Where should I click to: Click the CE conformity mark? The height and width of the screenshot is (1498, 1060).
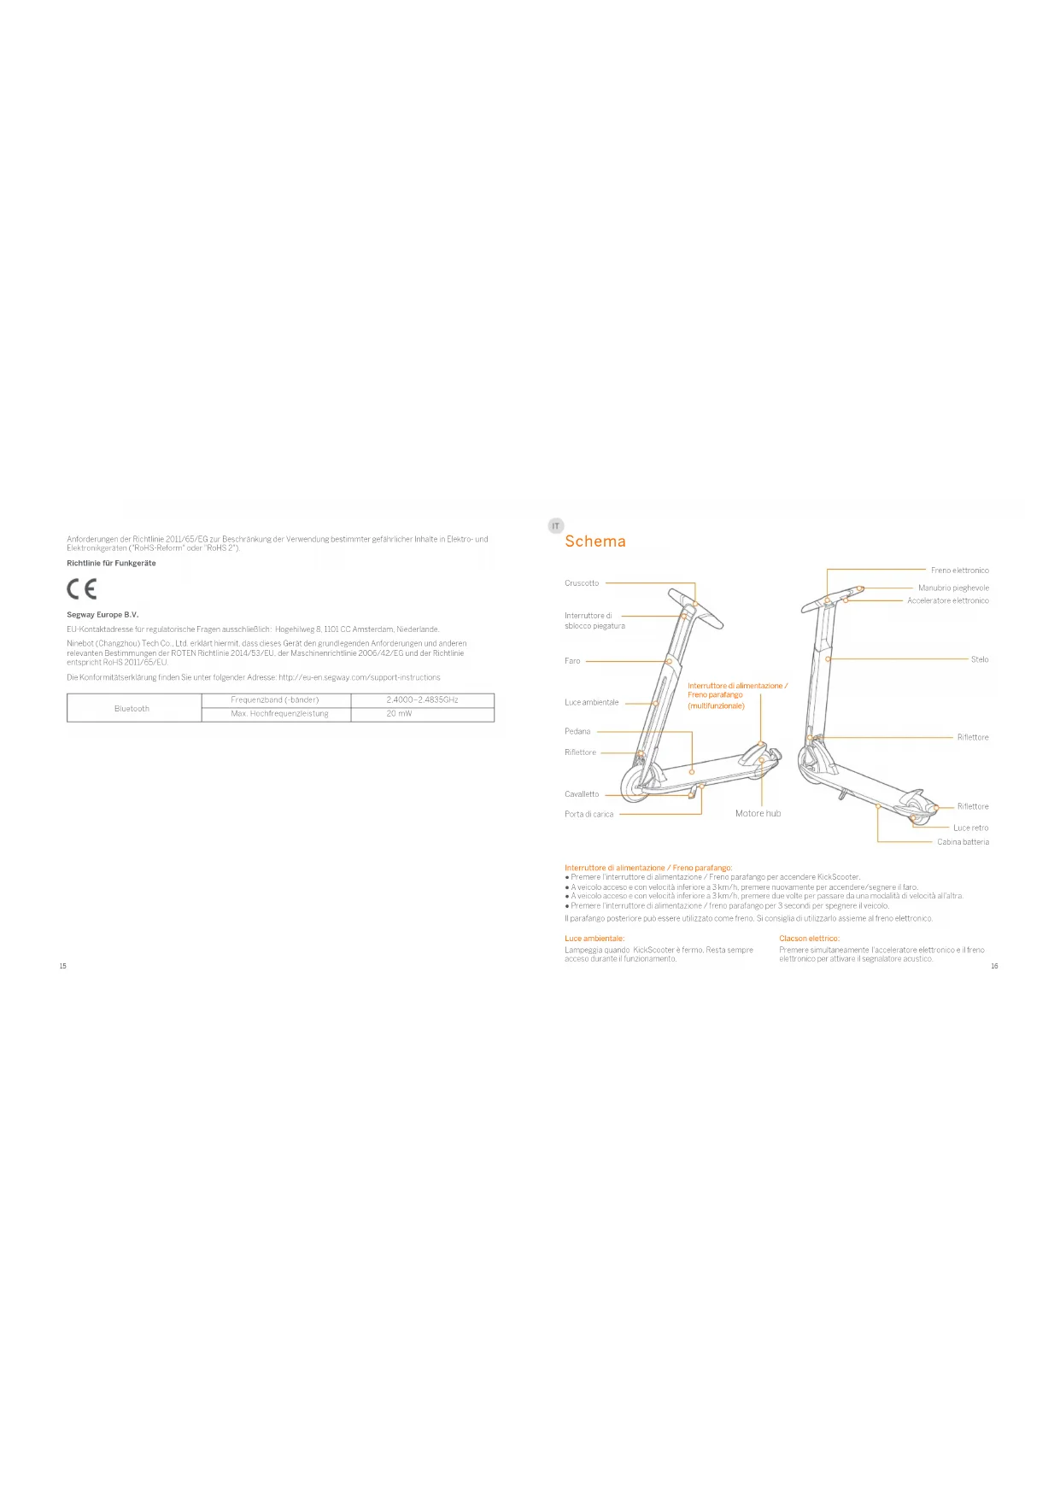pos(82,588)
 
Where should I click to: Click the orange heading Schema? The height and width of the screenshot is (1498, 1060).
pos(595,541)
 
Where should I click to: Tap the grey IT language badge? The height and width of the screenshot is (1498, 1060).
pos(555,526)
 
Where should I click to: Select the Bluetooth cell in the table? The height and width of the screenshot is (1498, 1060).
pos(132,708)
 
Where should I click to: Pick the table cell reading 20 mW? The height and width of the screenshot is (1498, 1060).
pos(399,714)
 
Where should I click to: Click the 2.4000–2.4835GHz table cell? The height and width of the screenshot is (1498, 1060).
pos(422,699)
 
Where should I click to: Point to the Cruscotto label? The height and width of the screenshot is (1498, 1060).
pos(582,583)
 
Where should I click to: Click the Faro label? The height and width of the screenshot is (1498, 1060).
pos(572,661)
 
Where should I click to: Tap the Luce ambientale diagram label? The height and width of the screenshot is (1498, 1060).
pos(591,703)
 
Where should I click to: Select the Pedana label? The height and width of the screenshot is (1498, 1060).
pos(577,732)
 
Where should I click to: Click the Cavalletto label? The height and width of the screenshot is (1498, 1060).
pos(582,794)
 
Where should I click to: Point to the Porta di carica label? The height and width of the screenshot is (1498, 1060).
pos(589,815)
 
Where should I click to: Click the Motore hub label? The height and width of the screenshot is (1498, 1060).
pos(758,814)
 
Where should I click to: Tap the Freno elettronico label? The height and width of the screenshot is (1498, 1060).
pos(959,571)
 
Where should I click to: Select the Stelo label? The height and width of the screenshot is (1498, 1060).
pos(980,659)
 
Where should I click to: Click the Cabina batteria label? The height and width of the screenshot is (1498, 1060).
pos(963,842)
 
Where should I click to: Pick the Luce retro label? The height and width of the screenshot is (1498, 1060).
pos(971,828)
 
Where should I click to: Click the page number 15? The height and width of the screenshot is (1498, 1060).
pos(62,966)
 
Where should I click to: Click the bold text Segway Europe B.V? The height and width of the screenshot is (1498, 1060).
pos(102,615)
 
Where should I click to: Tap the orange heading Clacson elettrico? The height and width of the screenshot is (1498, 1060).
pos(809,939)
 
